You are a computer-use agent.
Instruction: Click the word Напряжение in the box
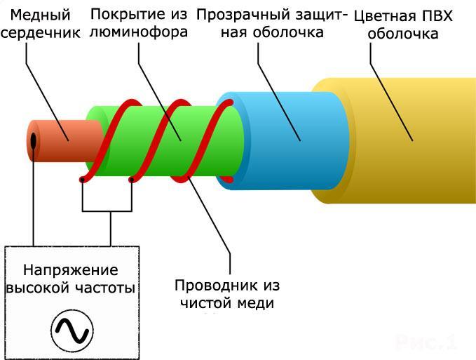click(71, 270)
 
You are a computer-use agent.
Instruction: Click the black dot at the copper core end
click(33, 141)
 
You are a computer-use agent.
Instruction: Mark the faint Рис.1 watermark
click(426, 342)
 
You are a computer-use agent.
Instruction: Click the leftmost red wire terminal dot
click(83, 180)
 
